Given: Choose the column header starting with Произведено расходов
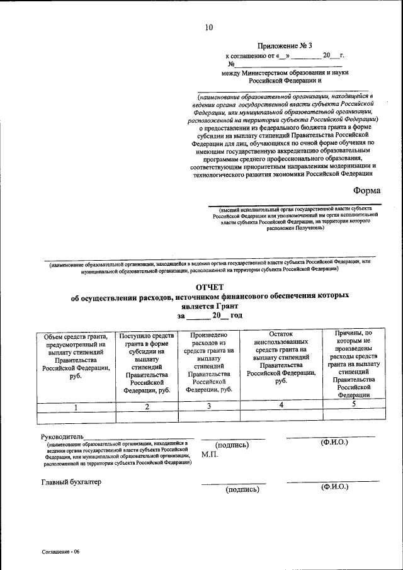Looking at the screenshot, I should [208, 362].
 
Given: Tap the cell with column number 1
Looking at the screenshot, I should [76, 407].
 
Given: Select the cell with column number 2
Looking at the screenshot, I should [147, 407].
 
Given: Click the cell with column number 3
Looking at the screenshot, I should [208, 406].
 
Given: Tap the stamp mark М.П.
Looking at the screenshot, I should [210, 454].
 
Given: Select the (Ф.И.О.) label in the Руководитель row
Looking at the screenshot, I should [334, 442].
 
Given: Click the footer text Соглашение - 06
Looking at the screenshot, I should [62, 552].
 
